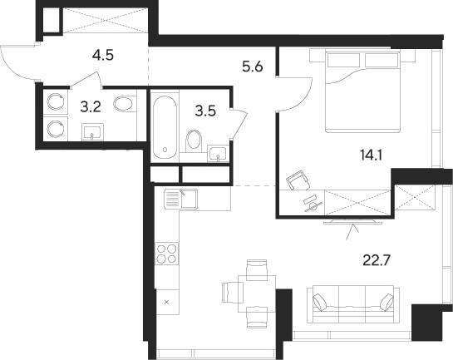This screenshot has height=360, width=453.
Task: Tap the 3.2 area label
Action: (89, 106)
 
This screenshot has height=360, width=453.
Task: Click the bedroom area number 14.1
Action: (365, 153)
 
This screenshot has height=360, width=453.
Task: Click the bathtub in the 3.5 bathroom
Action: (165, 126)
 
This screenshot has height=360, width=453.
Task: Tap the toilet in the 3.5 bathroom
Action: (194, 139)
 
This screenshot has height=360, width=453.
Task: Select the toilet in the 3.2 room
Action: (123, 105)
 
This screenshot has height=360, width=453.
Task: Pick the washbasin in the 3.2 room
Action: (91, 132)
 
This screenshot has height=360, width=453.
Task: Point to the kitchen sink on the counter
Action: (177, 200)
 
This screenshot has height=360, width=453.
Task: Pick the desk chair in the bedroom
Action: (295, 181)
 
